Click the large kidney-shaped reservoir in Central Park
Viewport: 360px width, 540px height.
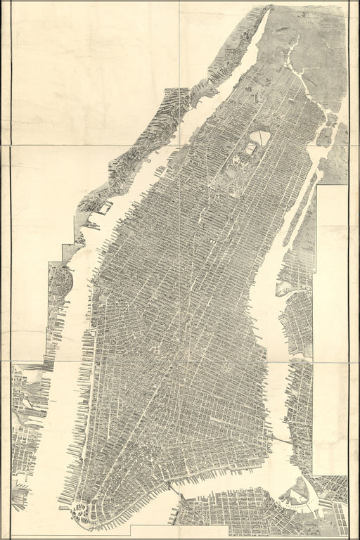pyautogui.click(x=262, y=137)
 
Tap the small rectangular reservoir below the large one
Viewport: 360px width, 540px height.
pyautogui.click(x=250, y=150)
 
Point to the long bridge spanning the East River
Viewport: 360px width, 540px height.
pyautogui.click(x=281, y=439)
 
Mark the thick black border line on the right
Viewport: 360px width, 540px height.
pyautogui.click(x=349, y=281)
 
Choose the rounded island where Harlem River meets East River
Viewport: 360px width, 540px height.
pyautogui.click(x=324, y=135)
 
